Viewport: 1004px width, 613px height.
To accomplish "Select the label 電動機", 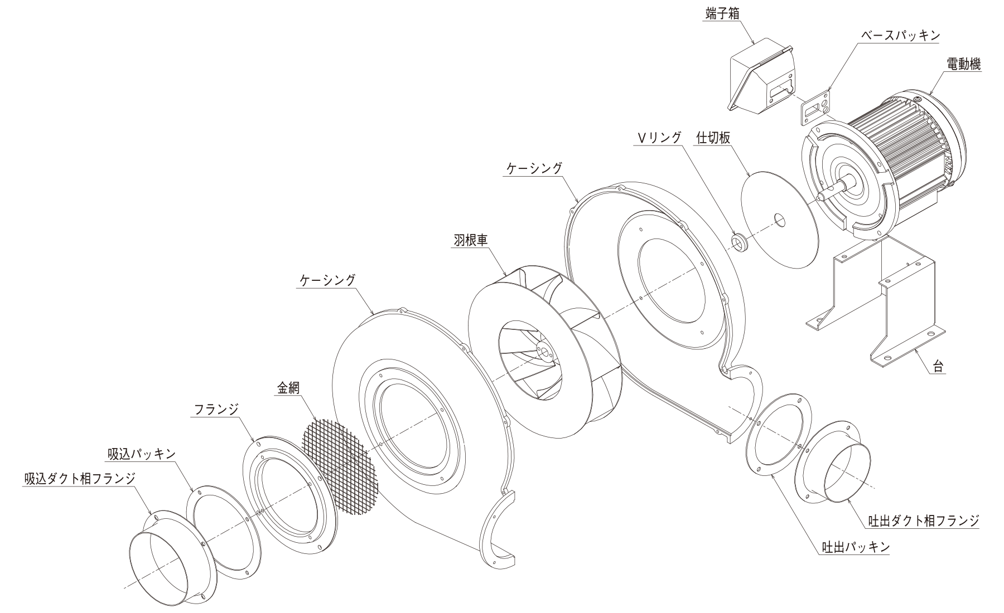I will point(964,64).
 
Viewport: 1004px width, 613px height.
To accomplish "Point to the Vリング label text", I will point(658,138).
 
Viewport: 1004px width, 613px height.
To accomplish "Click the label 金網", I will point(288,388).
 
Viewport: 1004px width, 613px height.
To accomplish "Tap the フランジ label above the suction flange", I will point(216,410).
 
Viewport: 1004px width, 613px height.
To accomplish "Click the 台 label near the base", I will point(939,367).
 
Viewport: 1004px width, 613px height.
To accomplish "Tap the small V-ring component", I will point(739,242).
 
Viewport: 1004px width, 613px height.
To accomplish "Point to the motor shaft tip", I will point(820,197).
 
